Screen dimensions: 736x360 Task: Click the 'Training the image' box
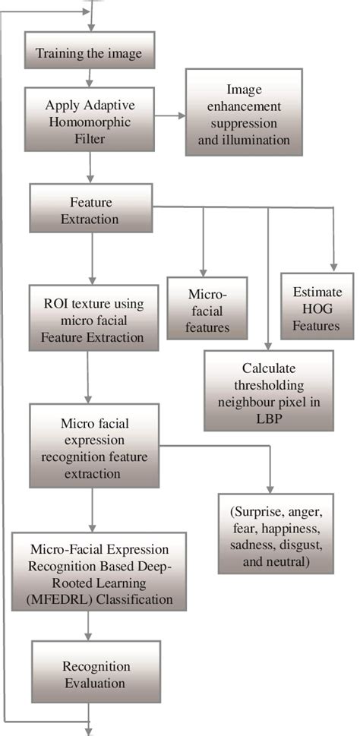pyautogui.click(x=90, y=53)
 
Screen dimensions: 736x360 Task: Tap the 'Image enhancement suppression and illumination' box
pyautogui.click(x=243, y=112)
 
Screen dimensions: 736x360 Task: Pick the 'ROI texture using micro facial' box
pyautogui.click(x=93, y=317)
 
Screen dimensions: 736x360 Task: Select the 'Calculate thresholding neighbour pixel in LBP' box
pyautogui.click(x=268, y=390)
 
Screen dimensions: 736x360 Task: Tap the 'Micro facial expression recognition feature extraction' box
pyautogui.click(x=93, y=446)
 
